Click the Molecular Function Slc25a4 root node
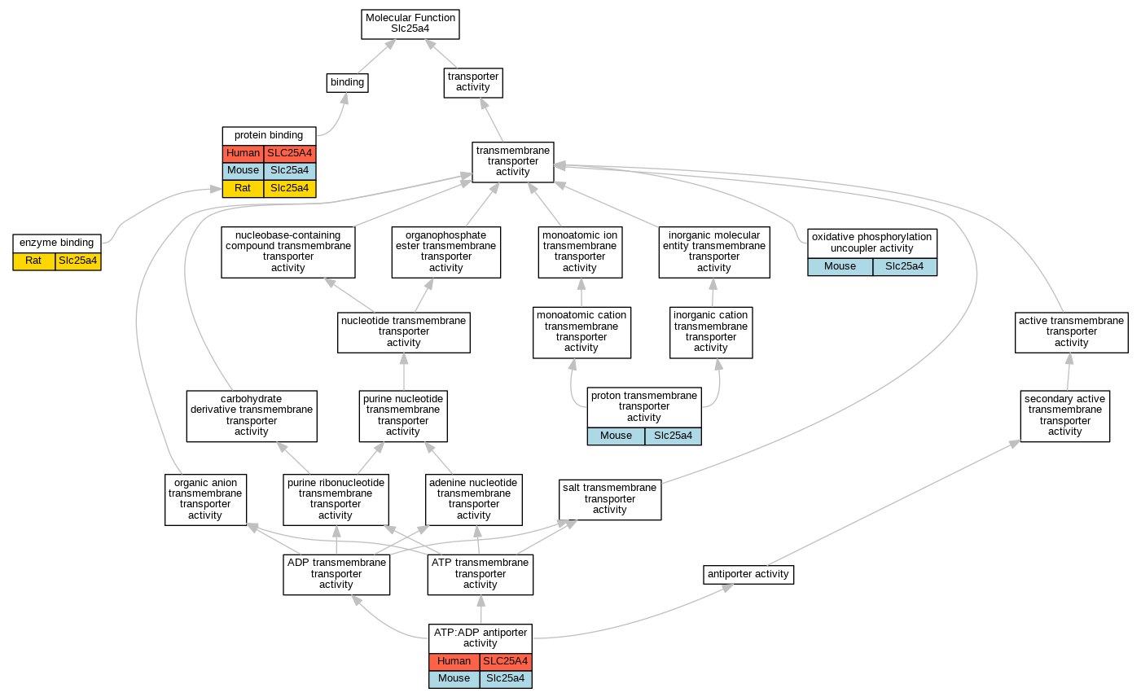click(x=410, y=24)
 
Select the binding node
click(x=347, y=82)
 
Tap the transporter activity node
click(x=473, y=82)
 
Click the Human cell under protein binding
click(x=243, y=153)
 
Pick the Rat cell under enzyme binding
click(x=33, y=261)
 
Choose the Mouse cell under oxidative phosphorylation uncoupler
click(x=840, y=266)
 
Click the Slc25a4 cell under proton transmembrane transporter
click(x=673, y=436)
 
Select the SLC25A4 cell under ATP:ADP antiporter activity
click(x=505, y=661)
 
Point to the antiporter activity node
click(x=748, y=574)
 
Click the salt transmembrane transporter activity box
click(x=610, y=498)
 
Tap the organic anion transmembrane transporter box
click(x=205, y=498)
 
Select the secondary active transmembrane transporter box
click(x=1064, y=415)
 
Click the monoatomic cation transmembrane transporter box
click(x=581, y=331)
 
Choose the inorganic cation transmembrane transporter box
click(x=711, y=331)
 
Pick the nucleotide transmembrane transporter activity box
click(x=404, y=331)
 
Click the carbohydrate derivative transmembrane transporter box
click(x=252, y=415)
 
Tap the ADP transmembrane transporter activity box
click(x=336, y=573)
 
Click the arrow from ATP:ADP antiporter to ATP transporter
click(x=481, y=610)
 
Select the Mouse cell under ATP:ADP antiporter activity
click(x=454, y=678)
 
